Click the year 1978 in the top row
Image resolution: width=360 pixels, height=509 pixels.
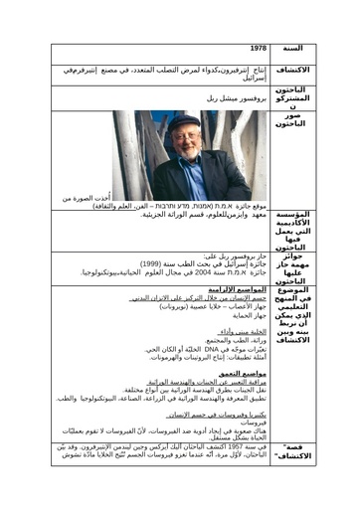pos(259,48)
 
